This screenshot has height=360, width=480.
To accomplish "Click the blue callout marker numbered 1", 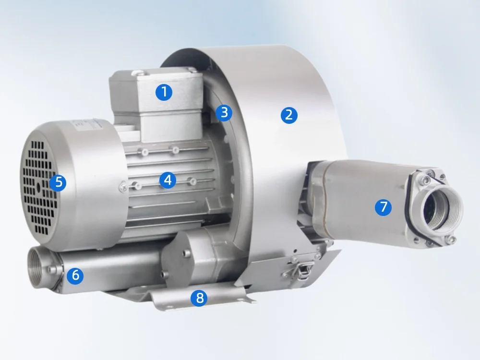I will pos(164,92).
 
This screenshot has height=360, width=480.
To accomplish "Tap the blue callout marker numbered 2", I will pos(288,115).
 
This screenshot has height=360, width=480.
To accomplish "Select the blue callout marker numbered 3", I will pos(224,112).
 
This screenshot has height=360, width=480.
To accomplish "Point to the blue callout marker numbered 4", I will pos(167,180).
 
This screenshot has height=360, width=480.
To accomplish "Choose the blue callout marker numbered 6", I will pos(75,275).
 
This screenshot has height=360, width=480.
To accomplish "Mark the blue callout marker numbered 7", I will pos(383,207).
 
